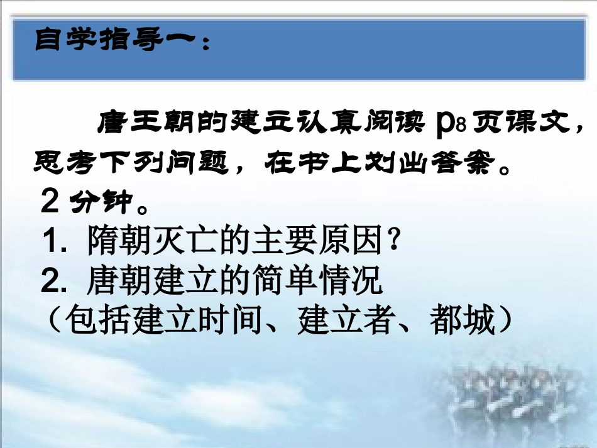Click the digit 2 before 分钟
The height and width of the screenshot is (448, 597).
click(x=50, y=202)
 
